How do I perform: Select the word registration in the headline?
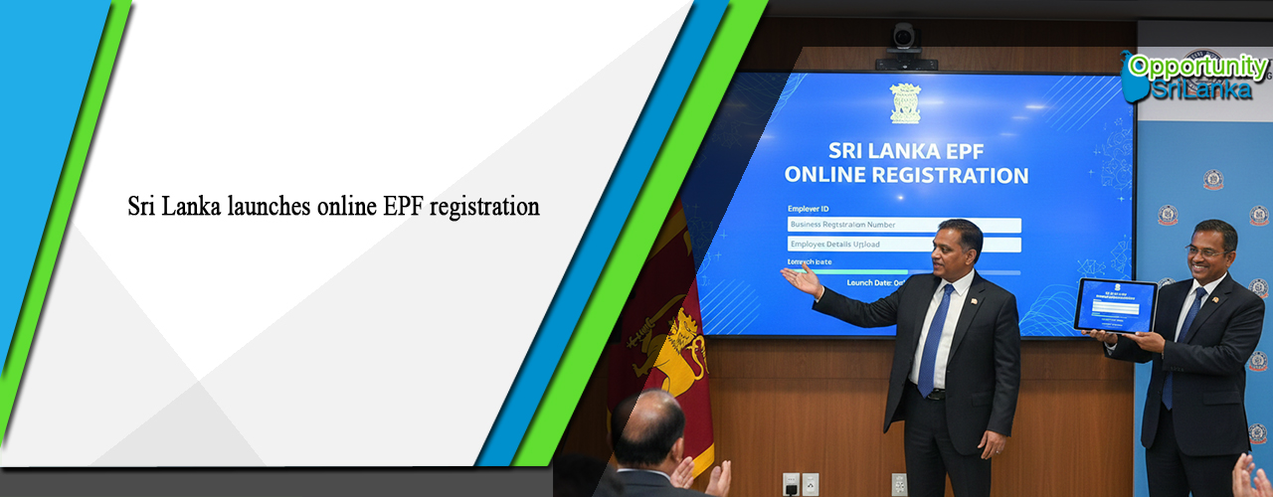tap(486, 207)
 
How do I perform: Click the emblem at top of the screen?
tap(905, 103)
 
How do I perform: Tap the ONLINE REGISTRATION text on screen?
tap(906, 176)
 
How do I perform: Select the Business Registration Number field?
tap(903, 226)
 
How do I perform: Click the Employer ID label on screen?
tap(809, 210)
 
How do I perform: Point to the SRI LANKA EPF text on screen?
tap(906, 150)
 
